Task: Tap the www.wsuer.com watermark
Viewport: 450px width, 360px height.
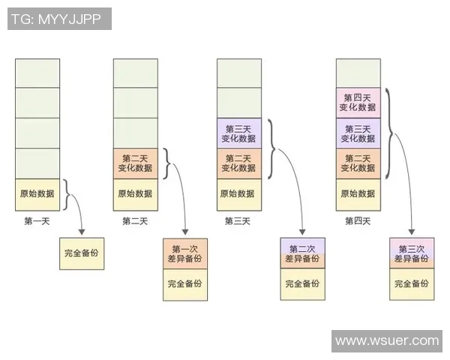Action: pyautogui.click(x=386, y=340)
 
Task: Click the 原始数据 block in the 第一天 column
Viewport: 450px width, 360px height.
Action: pyautogui.click(x=37, y=193)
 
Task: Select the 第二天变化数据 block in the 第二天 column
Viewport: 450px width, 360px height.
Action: pyautogui.click(x=135, y=163)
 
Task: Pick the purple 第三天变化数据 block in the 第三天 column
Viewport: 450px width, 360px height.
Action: pyautogui.click(x=239, y=133)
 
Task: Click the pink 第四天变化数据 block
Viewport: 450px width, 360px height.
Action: pyautogui.click(x=358, y=103)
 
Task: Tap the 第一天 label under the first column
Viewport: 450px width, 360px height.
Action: pyautogui.click(x=37, y=221)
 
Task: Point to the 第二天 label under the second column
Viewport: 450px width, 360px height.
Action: pyautogui.click(x=135, y=221)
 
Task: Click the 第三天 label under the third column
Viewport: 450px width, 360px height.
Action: pyautogui.click(x=238, y=221)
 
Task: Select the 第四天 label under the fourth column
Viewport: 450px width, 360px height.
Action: pyautogui.click(x=358, y=221)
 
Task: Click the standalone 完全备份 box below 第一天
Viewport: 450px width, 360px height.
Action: pyautogui.click(x=81, y=253)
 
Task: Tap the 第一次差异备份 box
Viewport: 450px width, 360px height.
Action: pyautogui.click(x=185, y=253)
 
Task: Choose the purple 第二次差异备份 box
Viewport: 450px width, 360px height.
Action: pyautogui.click(x=302, y=253)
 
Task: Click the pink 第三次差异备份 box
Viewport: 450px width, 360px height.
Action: pyautogui.click(x=412, y=253)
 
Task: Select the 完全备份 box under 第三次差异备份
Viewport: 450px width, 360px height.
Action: pyautogui.click(x=412, y=283)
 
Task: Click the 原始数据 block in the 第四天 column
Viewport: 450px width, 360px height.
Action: pyautogui.click(x=358, y=193)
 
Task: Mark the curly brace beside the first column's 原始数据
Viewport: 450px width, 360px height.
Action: pyautogui.click(x=68, y=195)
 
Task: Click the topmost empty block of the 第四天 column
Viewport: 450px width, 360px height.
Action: pyautogui.click(x=358, y=73)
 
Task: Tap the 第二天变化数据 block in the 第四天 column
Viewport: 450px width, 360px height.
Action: pyautogui.click(x=358, y=163)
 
